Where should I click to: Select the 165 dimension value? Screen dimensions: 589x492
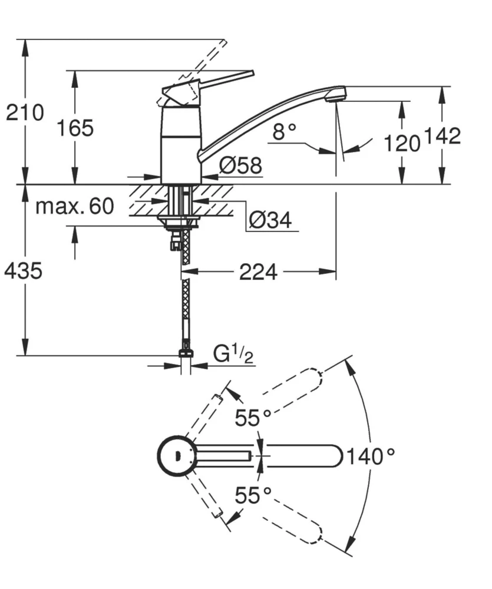(x=75, y=127)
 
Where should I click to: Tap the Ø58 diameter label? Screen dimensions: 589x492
(x=240, y=166)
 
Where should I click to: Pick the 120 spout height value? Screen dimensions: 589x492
(x=402, y=143)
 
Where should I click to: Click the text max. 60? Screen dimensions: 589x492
(x=74, y=207)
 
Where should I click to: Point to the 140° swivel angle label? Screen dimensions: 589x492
(x=369, y=456)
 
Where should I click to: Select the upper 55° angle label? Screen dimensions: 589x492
(x=253, y=418)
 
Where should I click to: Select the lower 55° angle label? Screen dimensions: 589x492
(x=253, y=495)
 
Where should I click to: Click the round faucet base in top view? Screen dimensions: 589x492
(x=175, y=455)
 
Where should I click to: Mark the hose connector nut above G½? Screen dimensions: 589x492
(x=186, y=354)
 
